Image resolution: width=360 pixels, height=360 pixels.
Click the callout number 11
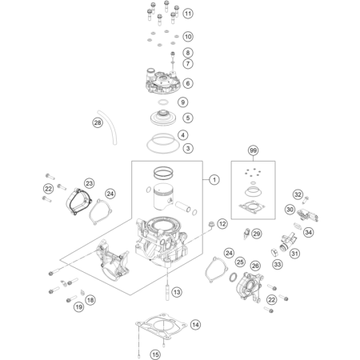tap(188, 14)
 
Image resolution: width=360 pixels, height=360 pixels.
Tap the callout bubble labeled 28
tap(98, 122)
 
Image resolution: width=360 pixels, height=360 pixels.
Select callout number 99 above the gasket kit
tap(253, 150)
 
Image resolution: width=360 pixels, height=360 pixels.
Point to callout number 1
tap(214, 180)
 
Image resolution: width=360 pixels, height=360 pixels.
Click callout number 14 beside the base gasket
tap(195, 325)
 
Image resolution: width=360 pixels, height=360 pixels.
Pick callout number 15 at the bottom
tap(155, 354)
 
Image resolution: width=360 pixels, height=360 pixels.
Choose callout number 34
tap(308, 232)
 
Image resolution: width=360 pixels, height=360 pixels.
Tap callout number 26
tap(255, 266)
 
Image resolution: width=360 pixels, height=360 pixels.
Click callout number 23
tap(89, 183)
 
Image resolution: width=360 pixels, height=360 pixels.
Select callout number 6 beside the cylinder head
tap(188, 83)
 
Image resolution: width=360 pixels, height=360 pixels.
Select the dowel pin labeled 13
tap(167, 293)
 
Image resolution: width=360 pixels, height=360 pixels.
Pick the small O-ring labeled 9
tap(163, 102)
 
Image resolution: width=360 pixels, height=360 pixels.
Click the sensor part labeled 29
tap(246, 233)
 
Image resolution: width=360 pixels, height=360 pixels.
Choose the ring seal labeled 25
tap(233, 277)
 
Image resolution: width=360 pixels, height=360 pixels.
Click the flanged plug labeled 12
tap(211, 225)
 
